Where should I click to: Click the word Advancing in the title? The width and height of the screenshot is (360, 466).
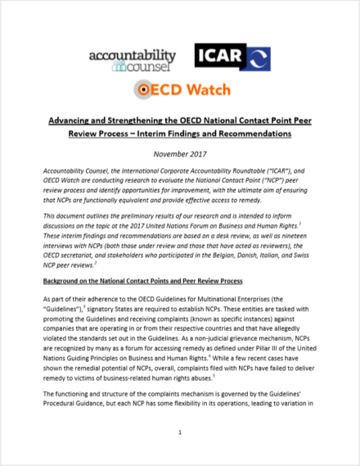click(66, 118)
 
